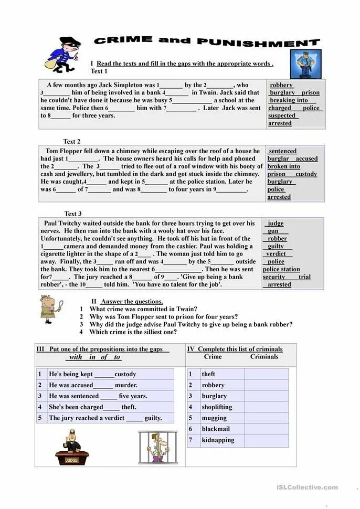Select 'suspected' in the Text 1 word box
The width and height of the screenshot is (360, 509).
pyautogui.click(x=283, y=115)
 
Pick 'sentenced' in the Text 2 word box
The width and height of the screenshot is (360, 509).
pyautogui.click(x=282, y=151)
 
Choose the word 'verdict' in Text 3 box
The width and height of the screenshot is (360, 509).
pyautogui.click(x=276, y=253)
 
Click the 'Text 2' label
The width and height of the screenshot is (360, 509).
pyautogui.click(x=72, y=141)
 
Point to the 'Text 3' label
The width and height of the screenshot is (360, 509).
pyautogui.click(x=73, y=214)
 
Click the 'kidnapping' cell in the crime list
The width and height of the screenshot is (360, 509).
pyautogui.click(x=218, y=440)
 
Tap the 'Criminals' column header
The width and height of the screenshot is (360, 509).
pyautogui.click(x=264, y=356)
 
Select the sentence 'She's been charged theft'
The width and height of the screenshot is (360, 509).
pyautogui.click(x=92, y=407)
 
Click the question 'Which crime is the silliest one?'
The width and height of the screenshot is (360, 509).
pyautogui.click(x=133, y=332)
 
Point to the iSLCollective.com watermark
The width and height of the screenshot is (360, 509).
pyautogui.click(x=307, y=487)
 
